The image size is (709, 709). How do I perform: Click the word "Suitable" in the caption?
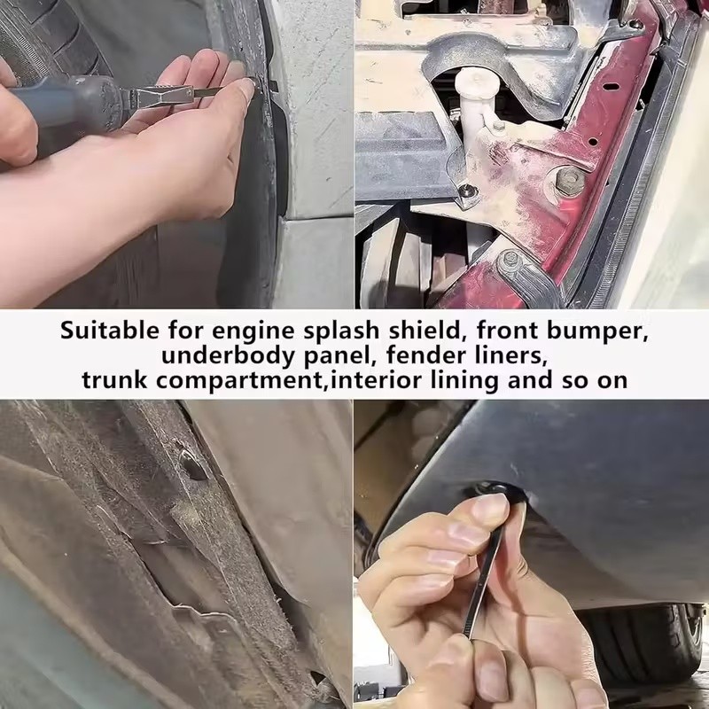click(109, 331)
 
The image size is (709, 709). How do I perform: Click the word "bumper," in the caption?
click(597, 332)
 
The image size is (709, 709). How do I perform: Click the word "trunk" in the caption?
click(114, 380)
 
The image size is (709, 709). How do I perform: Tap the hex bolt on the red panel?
click(569, 180)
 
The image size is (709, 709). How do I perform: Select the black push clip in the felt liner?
click(193, 464)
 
